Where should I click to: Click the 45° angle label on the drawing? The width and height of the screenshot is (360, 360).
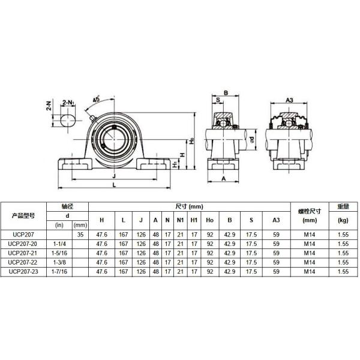coord(96,99)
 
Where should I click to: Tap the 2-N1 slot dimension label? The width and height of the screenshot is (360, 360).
coord(68,103)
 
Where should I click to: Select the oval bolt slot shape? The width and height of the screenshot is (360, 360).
coord(68,120)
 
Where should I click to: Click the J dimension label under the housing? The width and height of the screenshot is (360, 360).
coord(114,176)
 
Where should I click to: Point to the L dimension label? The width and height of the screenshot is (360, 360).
coord(115,185)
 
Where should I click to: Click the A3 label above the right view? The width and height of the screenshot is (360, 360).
coord(289,100)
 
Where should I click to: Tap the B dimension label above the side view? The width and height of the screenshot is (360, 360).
coord(226,93)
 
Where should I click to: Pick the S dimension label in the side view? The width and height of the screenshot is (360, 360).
coord(218,100)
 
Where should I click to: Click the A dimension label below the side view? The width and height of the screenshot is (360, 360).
coord(224,179)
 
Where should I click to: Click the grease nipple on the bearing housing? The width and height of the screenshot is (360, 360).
coord(93,118)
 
